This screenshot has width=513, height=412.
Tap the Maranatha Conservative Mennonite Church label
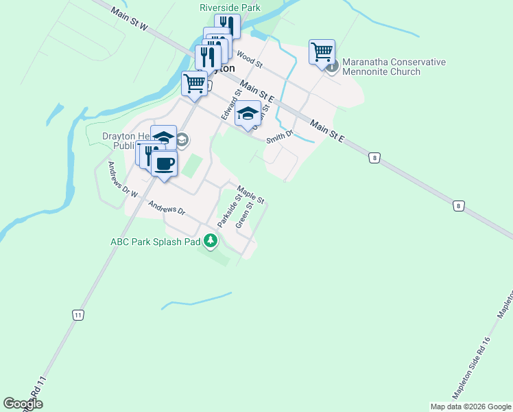click(394, 67)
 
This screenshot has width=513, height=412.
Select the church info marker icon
click(332, 67)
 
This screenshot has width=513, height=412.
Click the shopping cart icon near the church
click(322, 51)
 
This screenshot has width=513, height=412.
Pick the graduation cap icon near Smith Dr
click(248, 113)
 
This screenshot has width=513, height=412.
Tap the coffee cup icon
click(164, 164)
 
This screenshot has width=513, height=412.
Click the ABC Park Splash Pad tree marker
click(211, 240)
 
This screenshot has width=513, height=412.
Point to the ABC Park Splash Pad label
click(155, 242)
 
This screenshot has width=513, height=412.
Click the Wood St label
click(250, 59)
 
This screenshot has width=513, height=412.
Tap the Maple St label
click(250, 195)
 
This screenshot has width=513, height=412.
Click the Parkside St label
click(229, 210)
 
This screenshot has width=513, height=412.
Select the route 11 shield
click(79, 314)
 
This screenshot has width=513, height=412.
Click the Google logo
click(23, 404)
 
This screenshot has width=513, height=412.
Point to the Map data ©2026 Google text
click(470, 407)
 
